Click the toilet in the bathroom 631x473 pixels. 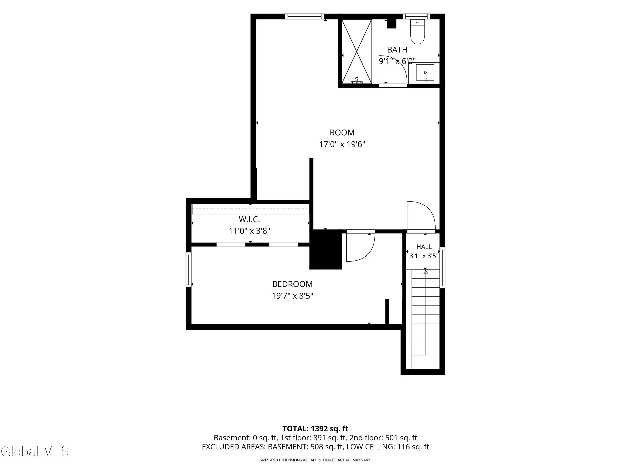(418, 32)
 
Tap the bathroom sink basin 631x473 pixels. (425, 73)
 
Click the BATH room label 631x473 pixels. (397, 50)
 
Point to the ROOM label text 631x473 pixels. (342, 133)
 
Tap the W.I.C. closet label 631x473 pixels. (249, 219)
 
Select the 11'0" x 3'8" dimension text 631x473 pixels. (249, 231)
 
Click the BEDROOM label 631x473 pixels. (292, 284)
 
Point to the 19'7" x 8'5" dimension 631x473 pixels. (292, 296)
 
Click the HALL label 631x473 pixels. (424, 247)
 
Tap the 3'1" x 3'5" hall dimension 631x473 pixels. (424, 256)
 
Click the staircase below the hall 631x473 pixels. (426, 312)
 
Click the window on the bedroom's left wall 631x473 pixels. (188, 270)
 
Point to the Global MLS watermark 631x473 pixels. (35, 451)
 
